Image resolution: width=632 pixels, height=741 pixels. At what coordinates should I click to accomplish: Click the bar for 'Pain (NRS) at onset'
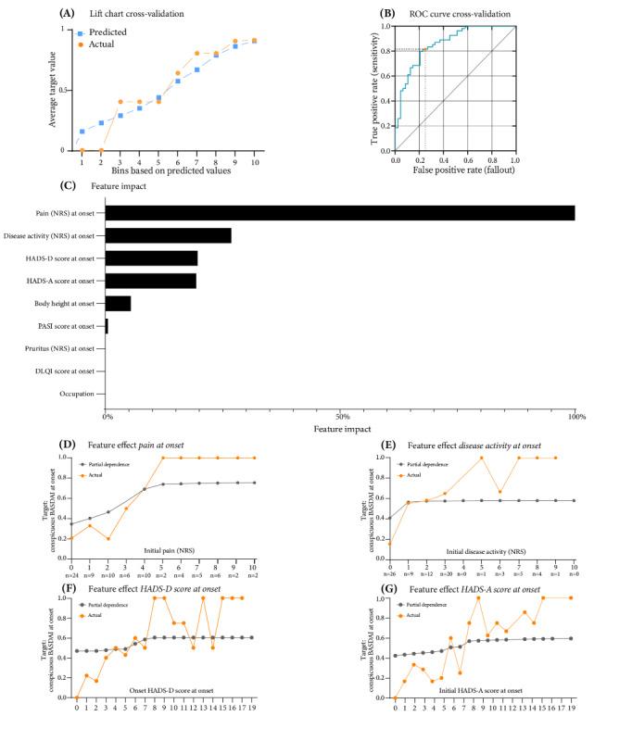tap(339, 213)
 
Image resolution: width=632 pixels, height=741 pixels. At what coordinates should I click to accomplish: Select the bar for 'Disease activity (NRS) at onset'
tap(168, 235)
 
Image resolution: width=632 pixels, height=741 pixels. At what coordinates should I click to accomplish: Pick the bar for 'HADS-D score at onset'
tap(151, 258)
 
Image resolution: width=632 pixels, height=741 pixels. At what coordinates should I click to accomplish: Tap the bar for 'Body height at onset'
tap(118, 303)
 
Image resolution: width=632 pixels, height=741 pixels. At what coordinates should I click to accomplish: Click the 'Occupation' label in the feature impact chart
tap(76, 394)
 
